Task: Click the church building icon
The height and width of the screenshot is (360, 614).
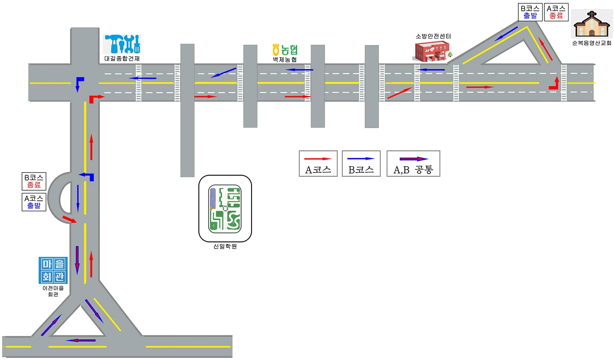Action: pyautogui.click(x=591, y=24)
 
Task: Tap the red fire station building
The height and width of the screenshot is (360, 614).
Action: pyautogui.click(x=432, y=51)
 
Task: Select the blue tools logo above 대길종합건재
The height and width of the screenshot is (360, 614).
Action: pyautogui.click(x=122, y=44)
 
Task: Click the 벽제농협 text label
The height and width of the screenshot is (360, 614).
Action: pyautogui.click(x=285, y=59)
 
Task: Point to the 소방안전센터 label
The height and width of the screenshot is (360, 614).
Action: pyautogui.click(x=433, y=36)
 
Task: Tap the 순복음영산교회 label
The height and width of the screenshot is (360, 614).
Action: pyautogui.click(x=591, y=43)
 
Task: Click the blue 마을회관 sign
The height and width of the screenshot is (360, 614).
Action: pyautogui.click(x=53, y=270)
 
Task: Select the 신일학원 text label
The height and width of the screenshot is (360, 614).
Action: pyautogui.click(x=225, y=246)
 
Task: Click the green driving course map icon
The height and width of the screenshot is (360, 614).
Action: pyautogui.click(x=225, y=209)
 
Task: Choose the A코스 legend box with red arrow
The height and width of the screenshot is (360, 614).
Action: pyautogui.click(x=318, y=164)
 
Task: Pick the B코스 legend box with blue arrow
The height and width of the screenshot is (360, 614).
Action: pyautogui.click(x=361, y=164)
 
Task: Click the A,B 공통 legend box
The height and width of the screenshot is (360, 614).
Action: pyautogui.click(x=414, y=164)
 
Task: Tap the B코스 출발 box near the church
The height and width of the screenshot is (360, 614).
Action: pyautogui.click(x=530, y=12)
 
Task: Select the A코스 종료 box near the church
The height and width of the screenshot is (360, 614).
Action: pyautogui.click(x=556, y=12)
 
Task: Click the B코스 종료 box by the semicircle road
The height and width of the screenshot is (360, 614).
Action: pyautogui.click(x=34, y=181)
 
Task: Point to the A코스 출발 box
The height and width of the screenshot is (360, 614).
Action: pyautogui.click(x=34, y=202)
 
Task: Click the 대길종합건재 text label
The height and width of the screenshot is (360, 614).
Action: pyautogui.click(x=122, y=58)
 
